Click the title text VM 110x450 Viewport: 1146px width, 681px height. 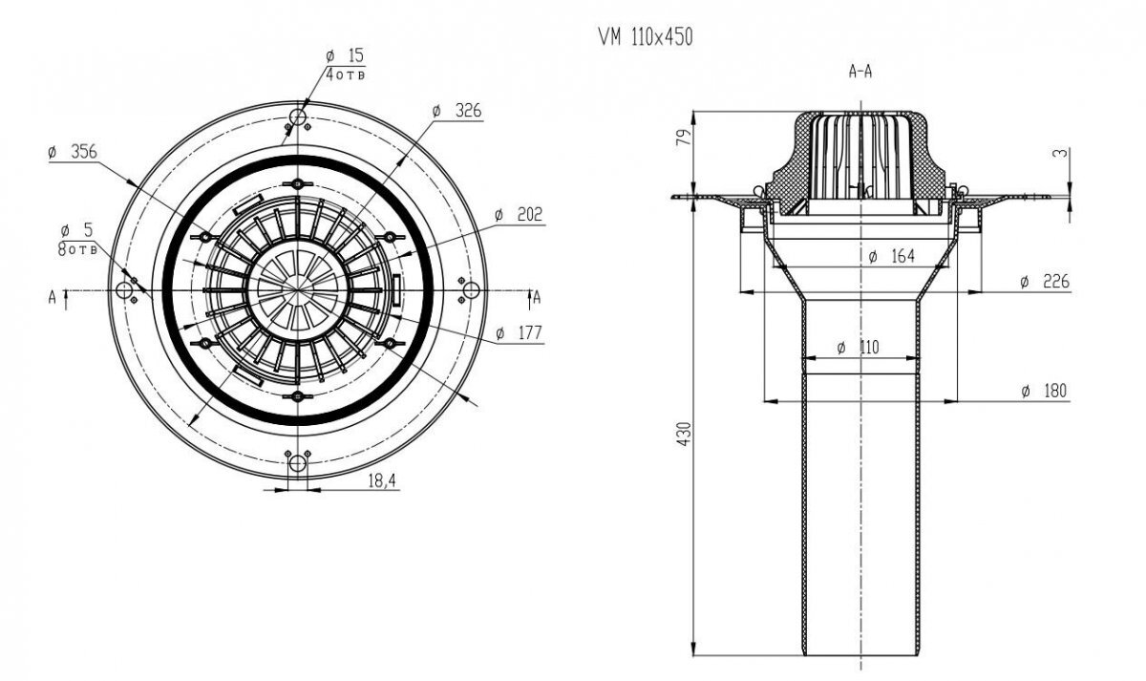coord(645,37)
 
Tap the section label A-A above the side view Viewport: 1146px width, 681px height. coord(859,71)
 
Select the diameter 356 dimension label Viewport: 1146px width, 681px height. coord(74,151)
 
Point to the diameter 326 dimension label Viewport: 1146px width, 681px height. coord(458,111)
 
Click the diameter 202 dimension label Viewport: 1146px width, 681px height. coord(520,216)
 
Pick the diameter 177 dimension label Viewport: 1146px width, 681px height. coord(520,333)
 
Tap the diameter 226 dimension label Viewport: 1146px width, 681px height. coord(1043,282)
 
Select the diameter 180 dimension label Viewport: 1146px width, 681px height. coord(1043,391)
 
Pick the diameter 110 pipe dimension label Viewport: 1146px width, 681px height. coord(858,348)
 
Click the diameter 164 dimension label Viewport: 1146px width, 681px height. coord(894,256)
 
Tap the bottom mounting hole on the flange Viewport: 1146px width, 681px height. coord(297,464)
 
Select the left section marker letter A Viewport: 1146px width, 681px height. coord(52,297)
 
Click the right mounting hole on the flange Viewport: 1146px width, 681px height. coord(469,289)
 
